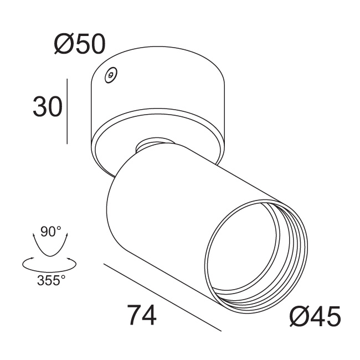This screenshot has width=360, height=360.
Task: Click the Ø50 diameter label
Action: (80, 44)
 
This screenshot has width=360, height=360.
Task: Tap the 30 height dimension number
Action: (48, 106)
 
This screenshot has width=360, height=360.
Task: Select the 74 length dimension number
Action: (142, 315)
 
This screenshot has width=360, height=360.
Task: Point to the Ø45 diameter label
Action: (315, 316)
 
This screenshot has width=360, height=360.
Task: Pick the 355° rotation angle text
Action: (51, 280)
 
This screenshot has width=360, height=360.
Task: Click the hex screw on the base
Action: (111, 75)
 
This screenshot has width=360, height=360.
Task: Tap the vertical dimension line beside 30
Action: (67, 111)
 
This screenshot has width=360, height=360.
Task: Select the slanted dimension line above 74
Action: (162, 297)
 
